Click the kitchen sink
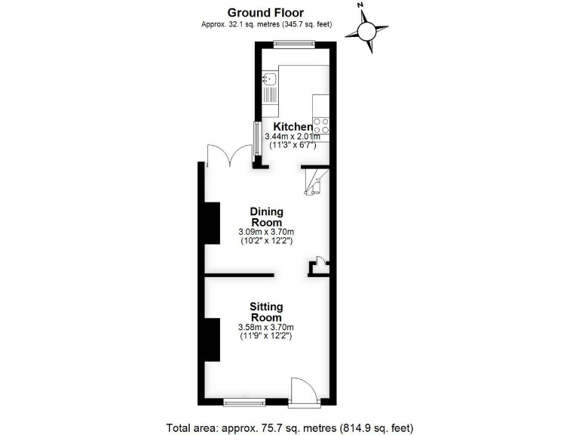270,78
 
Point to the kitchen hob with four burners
320,125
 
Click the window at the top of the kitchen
294,44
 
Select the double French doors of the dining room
228,154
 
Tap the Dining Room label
265,217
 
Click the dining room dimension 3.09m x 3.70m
265,232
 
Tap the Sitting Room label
265,312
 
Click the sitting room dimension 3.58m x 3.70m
265,327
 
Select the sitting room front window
244,400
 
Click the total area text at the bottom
289,427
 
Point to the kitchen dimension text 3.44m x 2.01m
292,137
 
